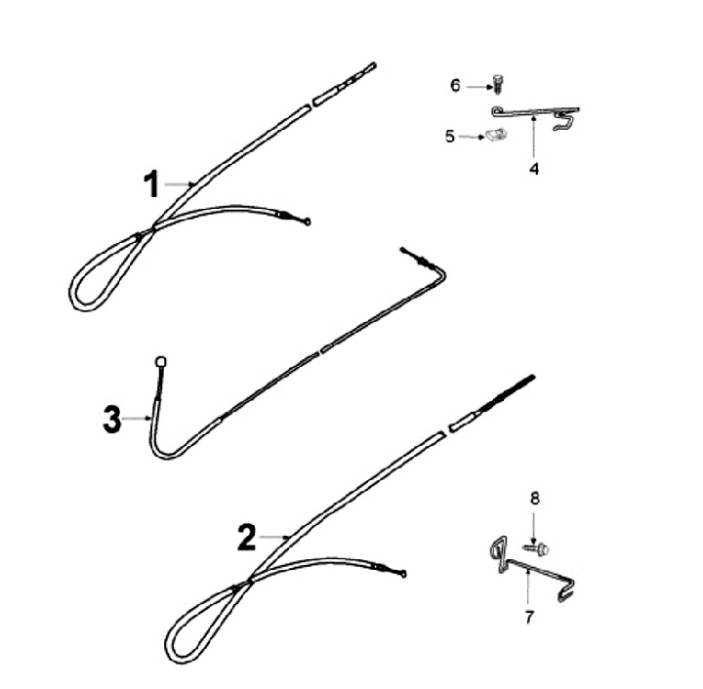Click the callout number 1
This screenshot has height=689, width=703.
(152, 183)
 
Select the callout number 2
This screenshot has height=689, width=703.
(247, 538)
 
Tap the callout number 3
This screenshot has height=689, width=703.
(111, 420)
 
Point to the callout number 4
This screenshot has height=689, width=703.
(534, 169)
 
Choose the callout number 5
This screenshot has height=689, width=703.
(450, 137)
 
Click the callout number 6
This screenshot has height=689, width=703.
(455, 85)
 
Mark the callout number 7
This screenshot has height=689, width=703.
(529, 618)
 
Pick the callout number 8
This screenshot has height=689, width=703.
(535, 499)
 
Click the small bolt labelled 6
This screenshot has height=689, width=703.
(497, 84)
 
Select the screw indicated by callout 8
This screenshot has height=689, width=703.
(537, 547)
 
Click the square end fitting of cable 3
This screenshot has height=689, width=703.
(161, 361)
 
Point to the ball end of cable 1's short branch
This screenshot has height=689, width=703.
(308, 222)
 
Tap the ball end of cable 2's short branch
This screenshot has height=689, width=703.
(403, 574)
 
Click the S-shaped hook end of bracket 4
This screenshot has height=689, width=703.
(564, 121)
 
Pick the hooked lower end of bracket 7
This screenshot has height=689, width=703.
(565, 590)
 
